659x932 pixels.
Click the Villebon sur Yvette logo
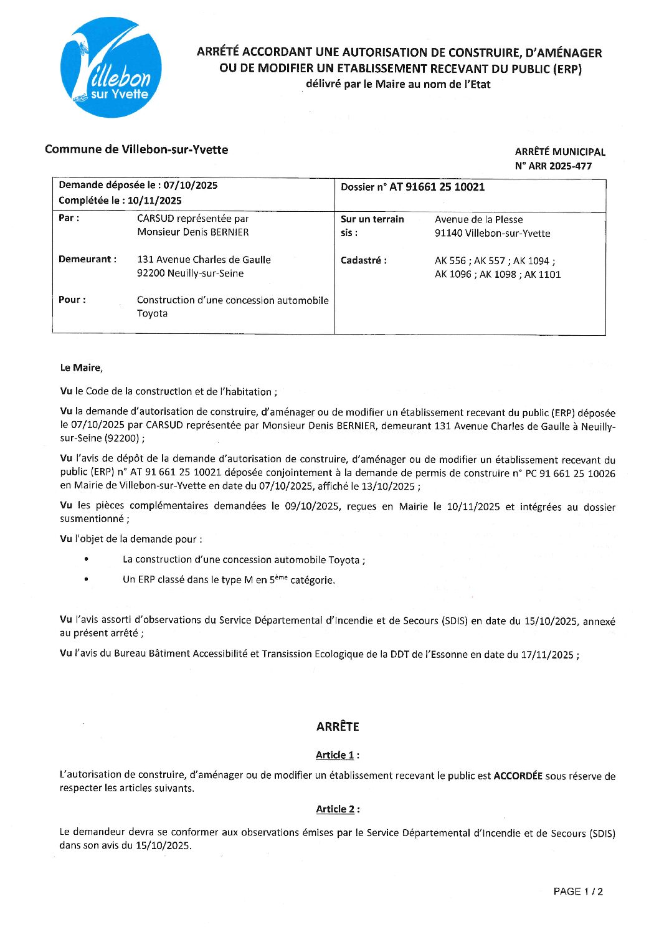111,67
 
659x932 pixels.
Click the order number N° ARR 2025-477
553,166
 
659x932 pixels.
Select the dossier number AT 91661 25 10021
437,187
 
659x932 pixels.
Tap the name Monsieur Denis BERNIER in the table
193,232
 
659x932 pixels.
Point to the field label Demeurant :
87,259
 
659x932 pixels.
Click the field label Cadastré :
363,260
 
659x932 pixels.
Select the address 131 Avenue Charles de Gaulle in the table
204,259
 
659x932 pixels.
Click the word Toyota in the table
152,313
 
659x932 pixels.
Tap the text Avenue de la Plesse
478,219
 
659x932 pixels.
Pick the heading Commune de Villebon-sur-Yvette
136,150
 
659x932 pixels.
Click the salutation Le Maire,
81,368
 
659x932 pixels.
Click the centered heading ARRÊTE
338,726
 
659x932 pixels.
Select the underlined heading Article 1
335,755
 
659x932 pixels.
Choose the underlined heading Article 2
335,809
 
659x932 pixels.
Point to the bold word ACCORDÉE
518,776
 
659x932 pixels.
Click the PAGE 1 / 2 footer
578,892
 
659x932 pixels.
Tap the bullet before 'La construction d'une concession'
86,559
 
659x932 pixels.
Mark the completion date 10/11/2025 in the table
154,201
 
